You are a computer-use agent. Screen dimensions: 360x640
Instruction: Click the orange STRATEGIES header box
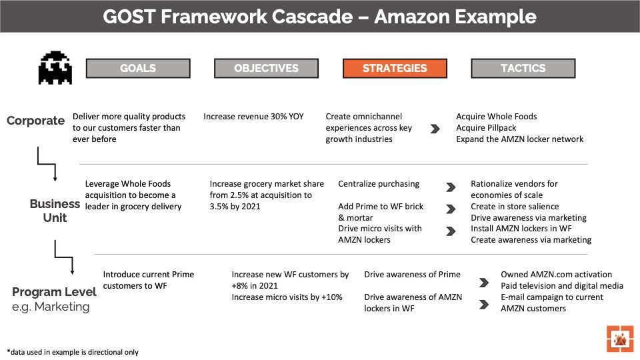pos(395,68)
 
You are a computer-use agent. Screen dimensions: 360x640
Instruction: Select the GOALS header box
pos(138,68)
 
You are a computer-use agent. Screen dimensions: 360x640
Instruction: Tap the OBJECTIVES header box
pos(266,68)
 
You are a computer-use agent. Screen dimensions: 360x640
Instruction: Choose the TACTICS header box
pos(523,68)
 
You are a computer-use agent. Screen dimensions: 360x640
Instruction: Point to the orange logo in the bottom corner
pos(620,339)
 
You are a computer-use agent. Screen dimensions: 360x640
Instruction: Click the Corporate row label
pos(35,121)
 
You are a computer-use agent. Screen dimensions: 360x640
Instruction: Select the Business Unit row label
pos(55,211)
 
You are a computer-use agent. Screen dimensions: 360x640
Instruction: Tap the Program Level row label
pos(54,292)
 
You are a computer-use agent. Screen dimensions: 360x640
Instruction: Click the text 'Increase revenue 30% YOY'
pos(253,117)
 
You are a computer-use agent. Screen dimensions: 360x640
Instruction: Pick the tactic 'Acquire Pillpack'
pos(486,128)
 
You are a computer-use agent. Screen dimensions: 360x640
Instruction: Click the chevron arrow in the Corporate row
pos(435,129)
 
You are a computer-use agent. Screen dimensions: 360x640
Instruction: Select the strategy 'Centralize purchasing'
pos(379,184)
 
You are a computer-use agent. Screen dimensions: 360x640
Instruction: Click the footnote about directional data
pos(73,352)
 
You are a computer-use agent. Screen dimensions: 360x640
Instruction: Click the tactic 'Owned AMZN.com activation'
pos(556,275)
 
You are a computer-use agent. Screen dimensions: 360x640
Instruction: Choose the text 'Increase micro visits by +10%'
pos(287,297)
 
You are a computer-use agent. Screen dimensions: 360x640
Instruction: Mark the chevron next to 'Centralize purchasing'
pos(451,188)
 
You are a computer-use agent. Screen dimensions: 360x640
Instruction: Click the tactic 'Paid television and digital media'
pos(562,286)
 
